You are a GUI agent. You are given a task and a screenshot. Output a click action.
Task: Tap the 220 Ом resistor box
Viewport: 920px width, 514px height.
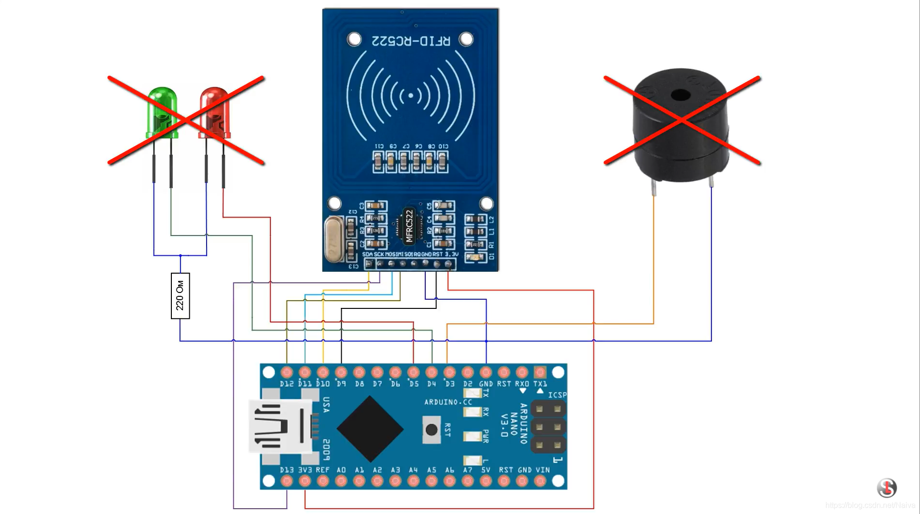click(x=180, y=295)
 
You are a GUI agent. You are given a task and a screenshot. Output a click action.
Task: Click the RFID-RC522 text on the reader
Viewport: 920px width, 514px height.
click(x=410, y=41)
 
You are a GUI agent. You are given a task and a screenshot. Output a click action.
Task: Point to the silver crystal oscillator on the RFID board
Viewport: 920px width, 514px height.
click(x=334, y=239)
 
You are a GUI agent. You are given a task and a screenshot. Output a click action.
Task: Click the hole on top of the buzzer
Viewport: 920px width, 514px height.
click(x=681, y=95)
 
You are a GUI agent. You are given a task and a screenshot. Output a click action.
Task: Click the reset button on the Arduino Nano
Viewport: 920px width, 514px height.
click(x=431, y=429)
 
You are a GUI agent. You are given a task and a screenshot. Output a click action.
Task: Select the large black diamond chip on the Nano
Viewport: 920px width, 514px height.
click(x=370, y=429)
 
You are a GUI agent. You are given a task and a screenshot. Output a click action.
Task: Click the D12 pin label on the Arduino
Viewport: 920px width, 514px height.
click(x=286, y=384)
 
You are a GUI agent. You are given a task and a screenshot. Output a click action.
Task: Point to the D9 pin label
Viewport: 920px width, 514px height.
click(x=341, y=384)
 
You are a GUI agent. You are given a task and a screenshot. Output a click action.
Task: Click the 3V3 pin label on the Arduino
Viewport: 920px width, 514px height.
click(x=305, y=470)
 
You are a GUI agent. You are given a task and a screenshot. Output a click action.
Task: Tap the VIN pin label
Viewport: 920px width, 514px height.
click(x=543, y=470)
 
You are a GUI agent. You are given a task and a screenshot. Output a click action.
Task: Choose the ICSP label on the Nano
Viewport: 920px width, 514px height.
click(x=557, y=395)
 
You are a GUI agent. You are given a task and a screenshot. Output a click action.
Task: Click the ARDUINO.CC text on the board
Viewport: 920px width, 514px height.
click(x=448, y=402)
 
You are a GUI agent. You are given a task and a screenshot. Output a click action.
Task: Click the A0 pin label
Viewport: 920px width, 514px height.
click(x=341, y=470)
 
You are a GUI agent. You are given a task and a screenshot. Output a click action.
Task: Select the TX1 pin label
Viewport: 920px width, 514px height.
click(x=540, y=384)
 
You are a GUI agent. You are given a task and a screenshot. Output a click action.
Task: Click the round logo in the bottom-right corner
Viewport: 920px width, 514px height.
click(x=887, y=488)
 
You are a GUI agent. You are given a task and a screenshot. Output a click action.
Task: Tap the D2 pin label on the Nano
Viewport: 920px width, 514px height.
click(x=468, y=384)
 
